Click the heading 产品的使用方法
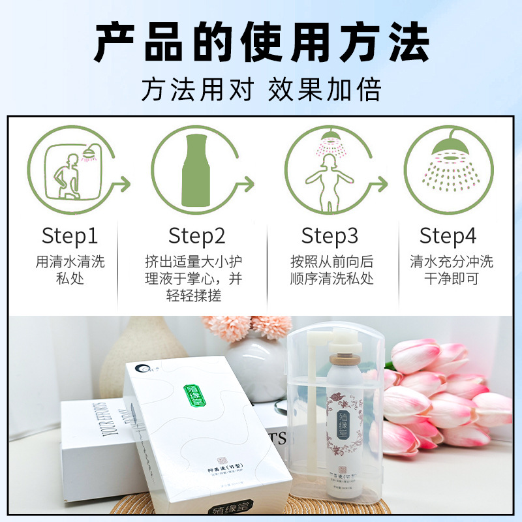(261, 42)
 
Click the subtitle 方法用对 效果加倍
(261, 89)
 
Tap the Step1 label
(70, 236)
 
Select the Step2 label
(196, 236)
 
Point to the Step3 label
(330, 236)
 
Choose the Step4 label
(448, 236)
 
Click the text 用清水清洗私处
(70, 270)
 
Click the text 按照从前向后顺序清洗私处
(331, 270)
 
